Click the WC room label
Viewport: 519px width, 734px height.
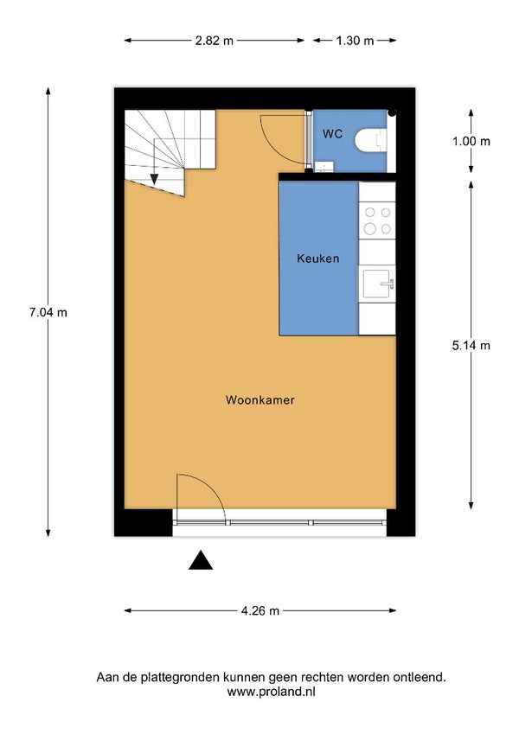[333, 134]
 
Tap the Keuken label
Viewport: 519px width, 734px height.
[317, 258]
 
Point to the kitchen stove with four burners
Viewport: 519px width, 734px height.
[376, 220]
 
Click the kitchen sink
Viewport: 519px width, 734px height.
[378, 280]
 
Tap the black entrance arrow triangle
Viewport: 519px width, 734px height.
[201, 561]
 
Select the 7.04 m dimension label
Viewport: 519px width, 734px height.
[48, 313]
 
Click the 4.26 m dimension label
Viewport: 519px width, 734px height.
[259, 611]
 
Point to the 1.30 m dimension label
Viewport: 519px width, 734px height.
[355, 40]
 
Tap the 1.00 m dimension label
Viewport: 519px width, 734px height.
[471, 141]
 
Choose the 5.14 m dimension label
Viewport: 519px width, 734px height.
[471, 345]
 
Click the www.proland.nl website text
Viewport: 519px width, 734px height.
[270, 692]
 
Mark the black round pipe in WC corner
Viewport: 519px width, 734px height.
[392, 112]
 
